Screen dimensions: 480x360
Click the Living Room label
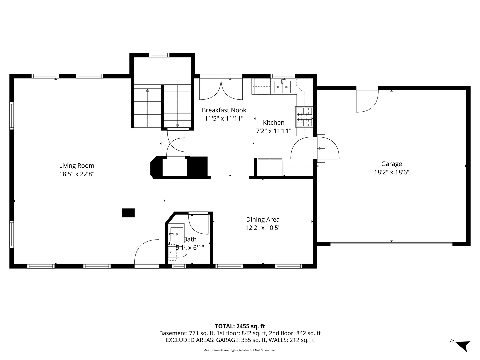77,166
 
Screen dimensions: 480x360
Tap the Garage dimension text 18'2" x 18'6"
391,172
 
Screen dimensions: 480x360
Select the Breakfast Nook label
224,110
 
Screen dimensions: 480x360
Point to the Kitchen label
274,122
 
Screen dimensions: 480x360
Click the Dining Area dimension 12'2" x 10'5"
263,228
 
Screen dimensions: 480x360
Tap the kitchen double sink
282,87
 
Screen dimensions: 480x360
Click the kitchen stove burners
304,117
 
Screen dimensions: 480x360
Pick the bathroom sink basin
177,234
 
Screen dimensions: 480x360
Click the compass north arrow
464,346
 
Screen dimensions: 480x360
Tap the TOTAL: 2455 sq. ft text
240,326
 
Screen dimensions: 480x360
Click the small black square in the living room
128,213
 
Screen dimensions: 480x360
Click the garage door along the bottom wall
391,244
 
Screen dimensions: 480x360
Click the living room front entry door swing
147,252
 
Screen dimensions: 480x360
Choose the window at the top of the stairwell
159,55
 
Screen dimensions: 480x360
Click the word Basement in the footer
173,333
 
